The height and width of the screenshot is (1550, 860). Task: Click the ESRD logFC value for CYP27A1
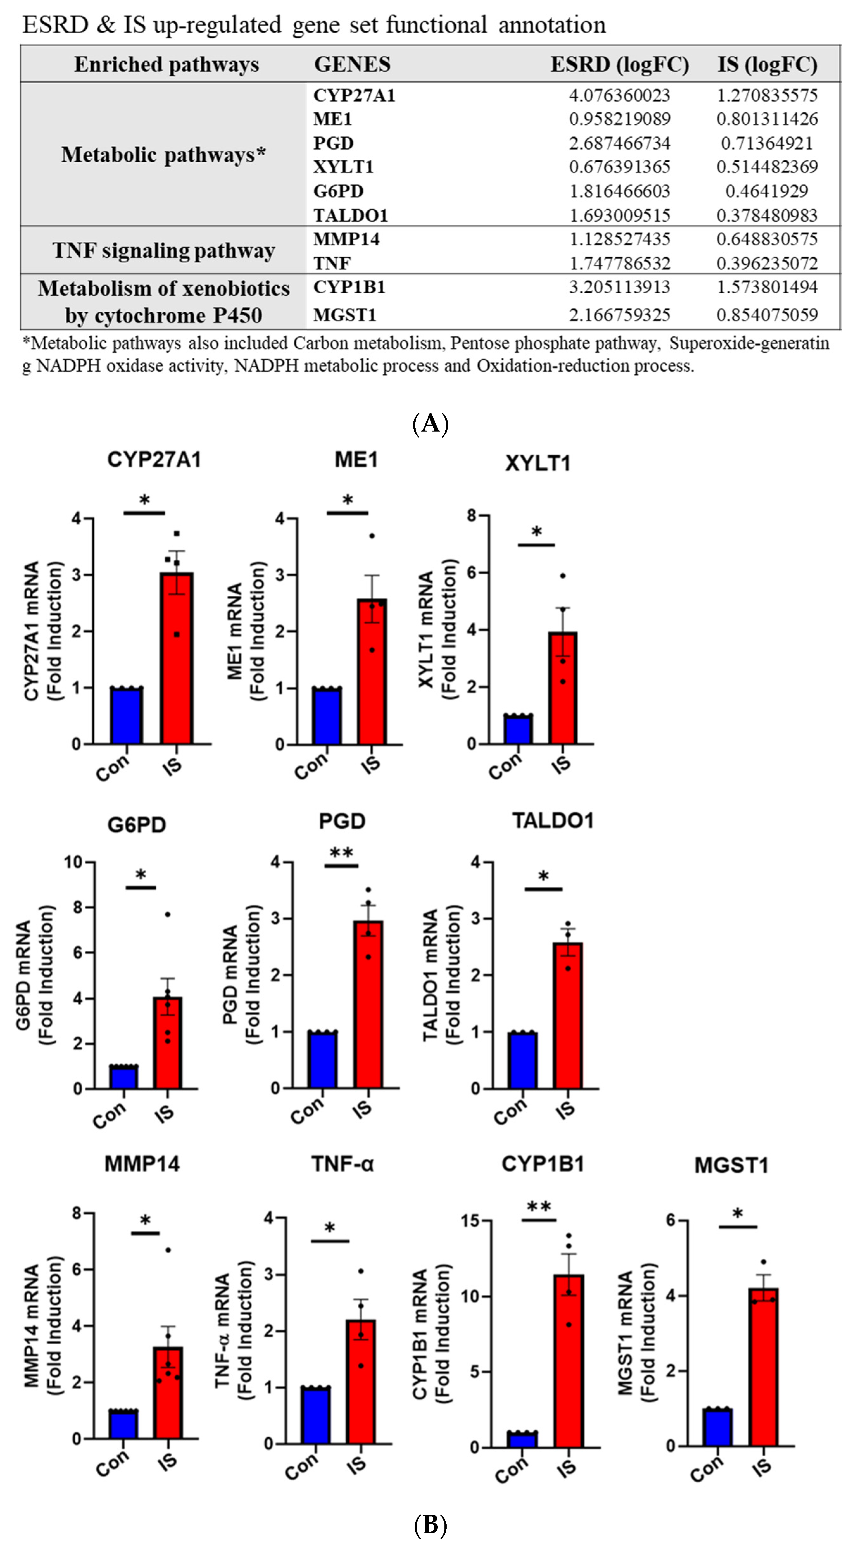point(619,95)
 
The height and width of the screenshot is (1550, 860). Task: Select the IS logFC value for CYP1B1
point(767,287)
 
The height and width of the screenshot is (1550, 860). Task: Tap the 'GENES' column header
point(352,64)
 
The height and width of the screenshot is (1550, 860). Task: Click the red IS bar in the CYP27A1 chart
point(176,659)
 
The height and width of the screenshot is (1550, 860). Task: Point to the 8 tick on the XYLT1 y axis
point(471,516)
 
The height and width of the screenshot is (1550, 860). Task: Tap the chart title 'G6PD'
point(137,824)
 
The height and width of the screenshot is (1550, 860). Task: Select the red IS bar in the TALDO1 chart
point(568,1016)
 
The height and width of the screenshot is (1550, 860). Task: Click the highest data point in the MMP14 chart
point(168,1250)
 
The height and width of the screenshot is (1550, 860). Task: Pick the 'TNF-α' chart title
point(342,1164)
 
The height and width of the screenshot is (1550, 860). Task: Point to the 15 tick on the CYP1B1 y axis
point(471,1221)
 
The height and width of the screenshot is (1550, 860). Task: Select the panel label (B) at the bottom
point(430,1525)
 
